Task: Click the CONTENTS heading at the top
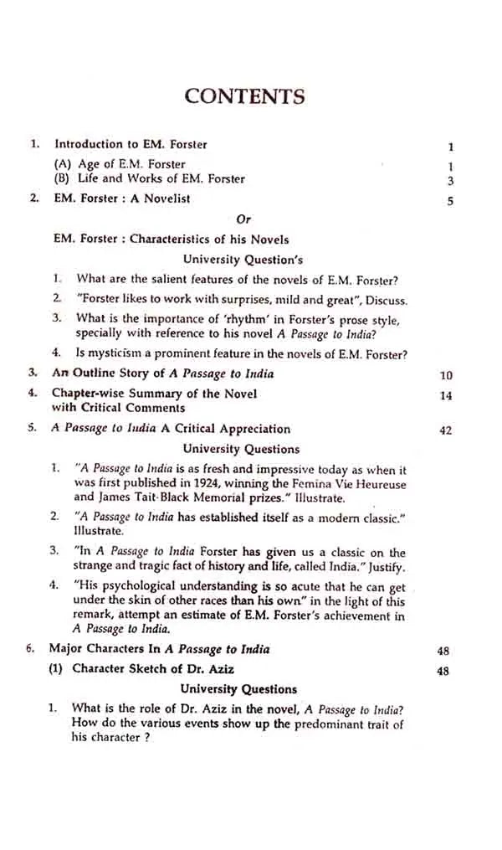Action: (244, 95)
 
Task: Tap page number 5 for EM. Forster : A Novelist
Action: (450, 201)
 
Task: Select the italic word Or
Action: (243, 219)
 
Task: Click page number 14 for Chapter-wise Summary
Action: (445, 396)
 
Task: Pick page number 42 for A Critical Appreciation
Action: (445, 430)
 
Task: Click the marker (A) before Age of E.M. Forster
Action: (63, 165)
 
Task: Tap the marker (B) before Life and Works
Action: (63, 178)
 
